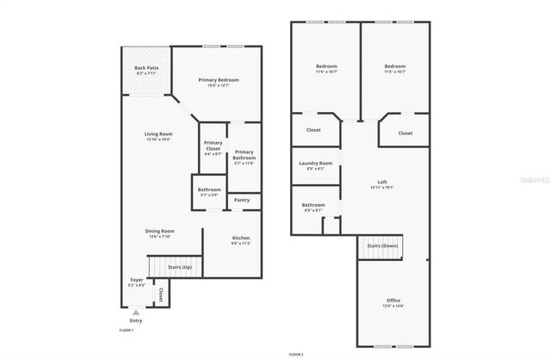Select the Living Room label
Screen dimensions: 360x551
158,136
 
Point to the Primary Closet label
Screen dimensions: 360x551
212,146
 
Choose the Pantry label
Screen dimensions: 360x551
243,201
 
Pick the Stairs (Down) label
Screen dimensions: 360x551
381,246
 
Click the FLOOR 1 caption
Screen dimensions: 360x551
127,330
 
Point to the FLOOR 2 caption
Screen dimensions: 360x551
296,353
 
